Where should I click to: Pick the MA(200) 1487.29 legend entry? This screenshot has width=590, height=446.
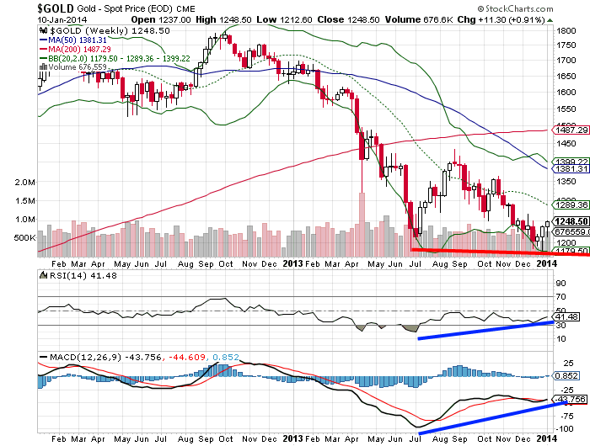coord(81,49)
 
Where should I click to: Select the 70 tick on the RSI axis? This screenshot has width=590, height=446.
coord(559,296)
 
